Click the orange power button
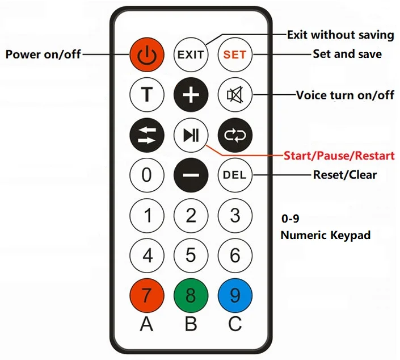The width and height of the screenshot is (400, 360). (x=146, y=55)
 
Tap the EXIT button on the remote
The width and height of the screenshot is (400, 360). (x=191, y=55)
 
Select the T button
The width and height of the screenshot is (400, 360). (x=146, y=94)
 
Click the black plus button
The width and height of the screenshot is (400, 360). (x=191, y=94)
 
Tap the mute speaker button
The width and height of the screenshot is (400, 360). (x=235, y=94)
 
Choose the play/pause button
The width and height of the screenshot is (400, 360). (x=191, y=135)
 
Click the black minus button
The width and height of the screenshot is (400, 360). (x=191, y=174)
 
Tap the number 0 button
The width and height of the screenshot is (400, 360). (x=146, y=174)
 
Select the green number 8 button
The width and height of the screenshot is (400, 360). (x=191, y=295)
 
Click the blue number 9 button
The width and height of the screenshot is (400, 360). (x=235, y=295)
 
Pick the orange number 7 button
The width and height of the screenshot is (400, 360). (x=146, y=295)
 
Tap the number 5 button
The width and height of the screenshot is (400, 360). (x=191, y=255)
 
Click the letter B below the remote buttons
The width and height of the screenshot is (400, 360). (x=191, y=325)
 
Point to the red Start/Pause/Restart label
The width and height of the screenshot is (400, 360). (x=339, y=155)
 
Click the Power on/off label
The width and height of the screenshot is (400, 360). (x=43, y=55)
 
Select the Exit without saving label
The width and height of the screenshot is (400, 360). (x=340, y=35)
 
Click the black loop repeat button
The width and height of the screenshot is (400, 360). (x=235, y=135)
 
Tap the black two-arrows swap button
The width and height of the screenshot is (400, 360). (x=146, y=135)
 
